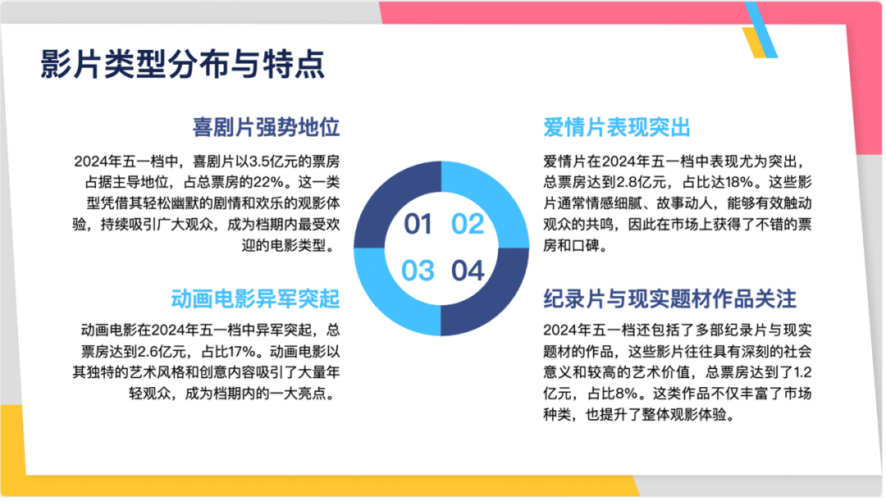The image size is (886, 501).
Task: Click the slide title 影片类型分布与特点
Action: click(x=182, y=64)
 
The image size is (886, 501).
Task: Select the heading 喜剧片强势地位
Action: click(x=266, y=127)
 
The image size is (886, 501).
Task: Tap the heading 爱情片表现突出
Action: click(x=617, y=127)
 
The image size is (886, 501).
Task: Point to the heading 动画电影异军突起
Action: click(x=255, y=298)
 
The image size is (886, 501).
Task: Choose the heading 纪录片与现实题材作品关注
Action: click(x=670, y=298)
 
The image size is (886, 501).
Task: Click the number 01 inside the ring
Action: click(x=418, y=224)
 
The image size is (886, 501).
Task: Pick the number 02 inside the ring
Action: click(x=468, y=224)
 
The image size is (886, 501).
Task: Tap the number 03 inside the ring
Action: click(x=418, y=271)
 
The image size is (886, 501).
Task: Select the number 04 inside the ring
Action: click(x=468, y=271)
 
